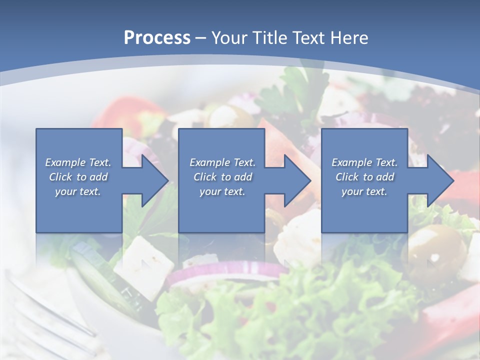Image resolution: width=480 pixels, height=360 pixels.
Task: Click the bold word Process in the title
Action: pyautogui.click(x=157, y=37)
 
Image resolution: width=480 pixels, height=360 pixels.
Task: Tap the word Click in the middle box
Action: pyautogui.click(x=204, y=177)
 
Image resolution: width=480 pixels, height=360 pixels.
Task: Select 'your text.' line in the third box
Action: pyautogui.click(x=364, y=191)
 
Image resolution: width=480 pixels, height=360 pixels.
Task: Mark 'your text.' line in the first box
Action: pyautogui.click(x=77, y=191)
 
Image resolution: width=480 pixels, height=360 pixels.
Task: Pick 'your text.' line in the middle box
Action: pyautogui.click(x=222, y=191)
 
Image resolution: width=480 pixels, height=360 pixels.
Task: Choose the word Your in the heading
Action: pyautogui.click(x=228, y=37)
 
